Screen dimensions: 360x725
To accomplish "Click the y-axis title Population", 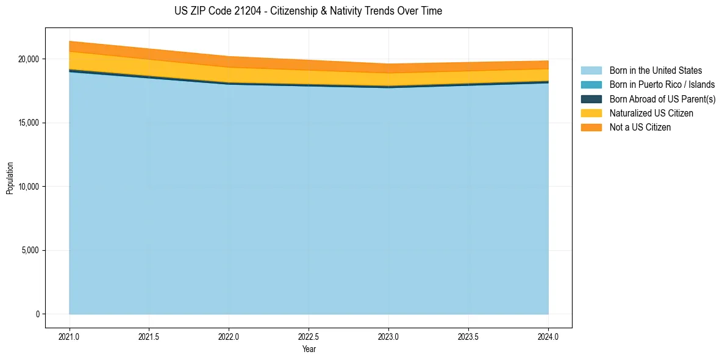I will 10,178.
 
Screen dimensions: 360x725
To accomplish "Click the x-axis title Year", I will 309,349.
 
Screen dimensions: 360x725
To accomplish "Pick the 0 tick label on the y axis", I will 37,314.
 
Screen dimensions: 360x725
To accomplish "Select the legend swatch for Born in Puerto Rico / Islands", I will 591,85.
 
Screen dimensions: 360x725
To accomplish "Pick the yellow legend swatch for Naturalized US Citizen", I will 591,113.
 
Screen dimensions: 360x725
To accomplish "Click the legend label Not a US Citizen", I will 640,127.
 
